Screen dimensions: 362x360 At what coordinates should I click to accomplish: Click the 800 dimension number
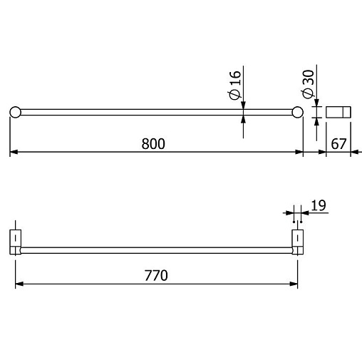153,144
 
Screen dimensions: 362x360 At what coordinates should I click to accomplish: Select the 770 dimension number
156,276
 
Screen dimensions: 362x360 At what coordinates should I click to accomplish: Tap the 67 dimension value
338,144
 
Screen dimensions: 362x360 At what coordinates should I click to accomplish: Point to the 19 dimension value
319,205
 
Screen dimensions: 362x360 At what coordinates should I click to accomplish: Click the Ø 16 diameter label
234,85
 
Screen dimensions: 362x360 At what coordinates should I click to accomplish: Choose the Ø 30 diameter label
309,84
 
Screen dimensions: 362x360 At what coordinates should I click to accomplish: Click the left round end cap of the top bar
16,112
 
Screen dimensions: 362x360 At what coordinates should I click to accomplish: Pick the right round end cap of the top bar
298,112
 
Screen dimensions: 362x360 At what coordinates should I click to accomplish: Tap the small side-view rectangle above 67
338,112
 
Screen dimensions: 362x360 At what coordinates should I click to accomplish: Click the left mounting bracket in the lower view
16,242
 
